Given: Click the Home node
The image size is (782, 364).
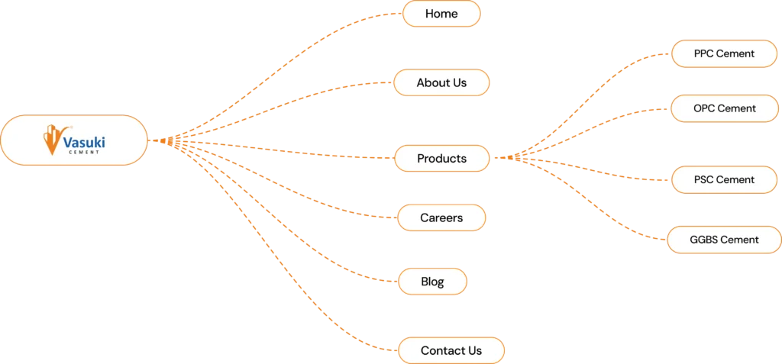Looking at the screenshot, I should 441,14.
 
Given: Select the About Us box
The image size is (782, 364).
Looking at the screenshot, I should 441,82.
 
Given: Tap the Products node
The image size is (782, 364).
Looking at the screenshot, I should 441,159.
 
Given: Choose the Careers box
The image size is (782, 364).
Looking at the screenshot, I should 441,218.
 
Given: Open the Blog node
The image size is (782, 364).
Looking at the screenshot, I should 432,282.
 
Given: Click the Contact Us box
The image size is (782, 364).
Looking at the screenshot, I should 451,351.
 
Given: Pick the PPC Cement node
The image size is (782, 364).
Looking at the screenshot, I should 724,54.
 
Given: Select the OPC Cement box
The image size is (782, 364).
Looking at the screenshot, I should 725,108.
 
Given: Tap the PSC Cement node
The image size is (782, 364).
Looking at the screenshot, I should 724,180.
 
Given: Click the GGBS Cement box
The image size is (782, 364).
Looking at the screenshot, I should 724,240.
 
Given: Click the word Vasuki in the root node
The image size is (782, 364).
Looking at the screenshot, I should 84,141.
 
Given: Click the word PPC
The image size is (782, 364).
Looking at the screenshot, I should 703,54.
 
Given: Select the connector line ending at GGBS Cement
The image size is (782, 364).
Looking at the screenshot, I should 611,221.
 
